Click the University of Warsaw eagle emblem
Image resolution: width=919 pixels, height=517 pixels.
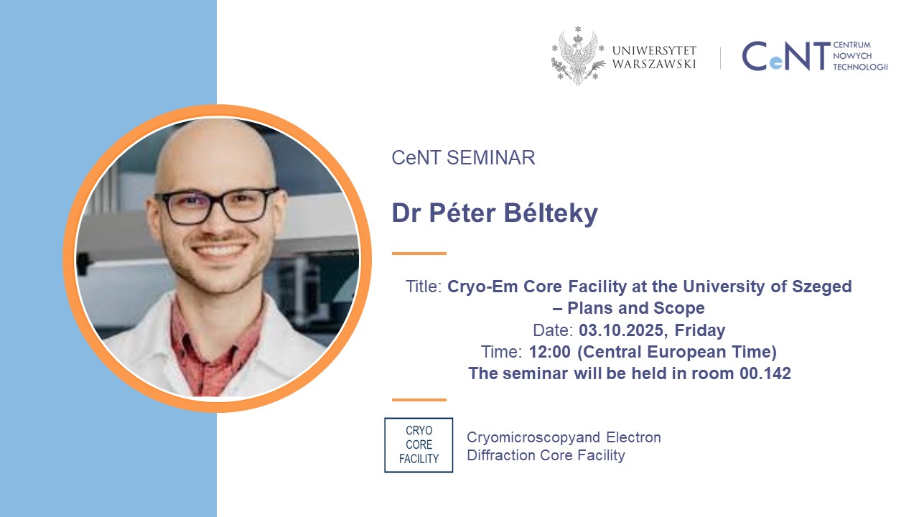pyautogui.click(x=578, y=56)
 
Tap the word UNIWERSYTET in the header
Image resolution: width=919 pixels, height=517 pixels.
pyautogui.click(x=654, y=50)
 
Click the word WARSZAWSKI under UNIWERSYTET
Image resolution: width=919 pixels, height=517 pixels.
pyautogui.click(x=654, y=64)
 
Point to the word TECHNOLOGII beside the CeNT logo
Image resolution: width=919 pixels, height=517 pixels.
pyautogui.click(x=860, y=67)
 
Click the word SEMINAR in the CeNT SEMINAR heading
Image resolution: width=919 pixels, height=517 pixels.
pyautogui.click(x=490, y=158)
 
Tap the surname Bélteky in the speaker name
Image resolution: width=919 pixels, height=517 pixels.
pyautogui.click(x=551, y=213)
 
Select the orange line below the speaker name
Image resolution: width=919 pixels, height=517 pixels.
pyautogui.click(x=419, y=253)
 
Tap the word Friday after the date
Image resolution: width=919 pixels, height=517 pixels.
pyautogui.click(x=700, y=331)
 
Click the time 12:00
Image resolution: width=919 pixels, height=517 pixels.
pyautogui.click(x=549, y=352)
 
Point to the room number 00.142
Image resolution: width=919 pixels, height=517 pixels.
pyautogui.click(x=765, y=374)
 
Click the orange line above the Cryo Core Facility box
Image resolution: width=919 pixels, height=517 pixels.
pyautogui.click(x=419, y=400)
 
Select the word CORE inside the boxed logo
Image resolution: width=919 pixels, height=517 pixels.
pyautogui.click(x=419, y=444)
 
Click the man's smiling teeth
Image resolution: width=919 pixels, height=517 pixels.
pyautogui.click(x=219, y=250)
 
